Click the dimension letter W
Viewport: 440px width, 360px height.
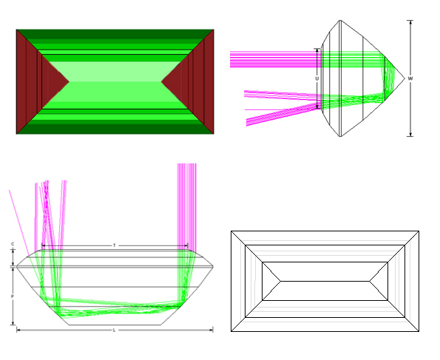pos(410,78)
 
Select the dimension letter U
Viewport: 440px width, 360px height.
pos(317,78)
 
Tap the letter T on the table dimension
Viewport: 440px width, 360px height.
pos(114,245)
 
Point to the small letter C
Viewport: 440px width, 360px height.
pos(13,243)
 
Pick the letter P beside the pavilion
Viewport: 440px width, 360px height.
pos(13,296)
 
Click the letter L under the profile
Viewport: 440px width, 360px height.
pos(114,330)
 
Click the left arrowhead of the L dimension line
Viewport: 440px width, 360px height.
pos(18,330)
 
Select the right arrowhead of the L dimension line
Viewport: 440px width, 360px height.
pos(212,330)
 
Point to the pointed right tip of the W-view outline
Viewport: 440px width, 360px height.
pos(404,78)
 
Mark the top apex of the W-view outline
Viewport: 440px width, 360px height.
pos(339,21)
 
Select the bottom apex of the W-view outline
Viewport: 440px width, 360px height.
pos(339,137)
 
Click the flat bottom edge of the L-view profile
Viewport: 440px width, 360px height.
pos(115,325)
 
